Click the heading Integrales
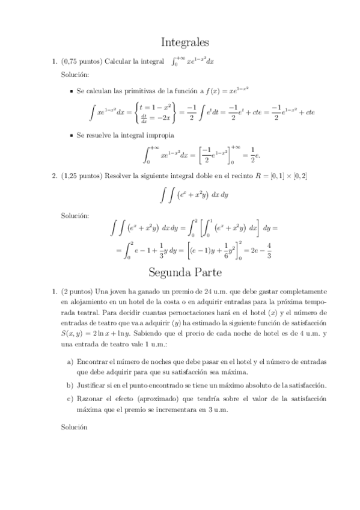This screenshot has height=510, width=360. click(185, 43)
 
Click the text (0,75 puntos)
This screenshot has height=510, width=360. click(82, 61)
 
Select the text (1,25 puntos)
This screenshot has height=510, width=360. click(82, 176)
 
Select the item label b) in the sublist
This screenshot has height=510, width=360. click(70, 385)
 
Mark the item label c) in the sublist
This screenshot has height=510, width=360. click(70, 399)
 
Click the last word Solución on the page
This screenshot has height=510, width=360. click(74, 427)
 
